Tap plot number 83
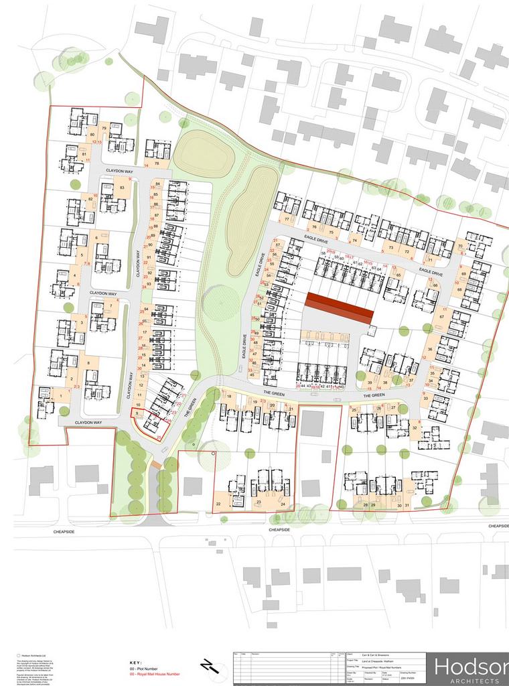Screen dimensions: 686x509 coord(122,188)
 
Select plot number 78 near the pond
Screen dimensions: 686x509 coord(157,163)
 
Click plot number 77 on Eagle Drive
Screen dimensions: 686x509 coord(286,219)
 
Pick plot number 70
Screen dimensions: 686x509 coord(460,247)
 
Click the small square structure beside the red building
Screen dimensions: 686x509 coord(373,330)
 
